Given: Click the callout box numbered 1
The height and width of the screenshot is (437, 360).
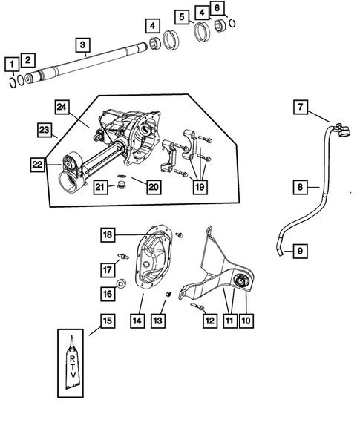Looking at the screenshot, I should (12, 64).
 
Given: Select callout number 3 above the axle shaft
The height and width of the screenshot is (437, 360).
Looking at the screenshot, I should (82, 45).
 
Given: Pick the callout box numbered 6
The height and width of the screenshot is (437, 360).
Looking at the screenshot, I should (217, 8).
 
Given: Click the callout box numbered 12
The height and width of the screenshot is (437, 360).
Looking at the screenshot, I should (209, 321).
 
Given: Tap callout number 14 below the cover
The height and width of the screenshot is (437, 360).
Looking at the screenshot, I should (137, 321).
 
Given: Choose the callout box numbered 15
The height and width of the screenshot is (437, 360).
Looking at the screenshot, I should (108, 321).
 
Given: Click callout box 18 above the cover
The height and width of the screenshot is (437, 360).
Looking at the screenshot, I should (108, 235).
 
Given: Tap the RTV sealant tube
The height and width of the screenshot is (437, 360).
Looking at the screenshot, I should (73, 367).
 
